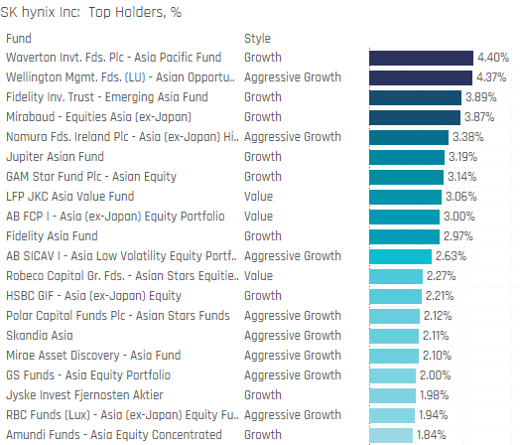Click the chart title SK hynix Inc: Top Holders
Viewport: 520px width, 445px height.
[91, 12]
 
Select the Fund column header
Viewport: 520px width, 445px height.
[19, 39]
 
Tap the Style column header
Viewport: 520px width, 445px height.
[257, 39]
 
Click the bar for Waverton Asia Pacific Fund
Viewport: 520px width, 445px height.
[421, 58]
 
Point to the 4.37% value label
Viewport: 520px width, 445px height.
[491, 77]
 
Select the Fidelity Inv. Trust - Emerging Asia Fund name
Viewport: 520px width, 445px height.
[107, 97]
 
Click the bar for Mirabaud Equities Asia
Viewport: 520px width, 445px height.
[415, 118]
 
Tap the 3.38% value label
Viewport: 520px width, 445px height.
[468, 137]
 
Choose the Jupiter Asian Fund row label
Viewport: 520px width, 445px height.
[55, 157]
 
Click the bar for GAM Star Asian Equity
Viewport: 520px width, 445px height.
[406, 177]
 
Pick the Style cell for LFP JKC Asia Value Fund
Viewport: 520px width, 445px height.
[258, 197]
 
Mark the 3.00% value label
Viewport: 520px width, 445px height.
[459, 217]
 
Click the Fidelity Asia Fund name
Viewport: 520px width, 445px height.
[52, 236]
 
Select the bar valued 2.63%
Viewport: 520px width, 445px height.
[400, 257]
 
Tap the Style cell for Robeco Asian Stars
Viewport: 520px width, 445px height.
[258, 276]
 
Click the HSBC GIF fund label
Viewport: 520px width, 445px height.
[93, 296]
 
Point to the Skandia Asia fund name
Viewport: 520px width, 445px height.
[39, 335]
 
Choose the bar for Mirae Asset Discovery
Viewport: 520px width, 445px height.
[394, 356]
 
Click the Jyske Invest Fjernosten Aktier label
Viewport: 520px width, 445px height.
[84, 395]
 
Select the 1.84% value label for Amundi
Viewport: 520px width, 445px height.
[431, 435]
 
